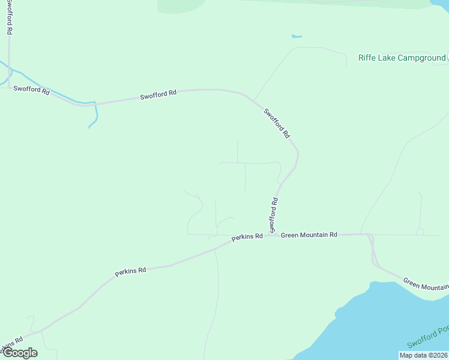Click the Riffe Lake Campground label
click(402, 58)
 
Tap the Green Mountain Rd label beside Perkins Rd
click(309, 235)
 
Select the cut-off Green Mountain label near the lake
click(426, 284)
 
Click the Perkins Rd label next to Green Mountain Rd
click(247, 236)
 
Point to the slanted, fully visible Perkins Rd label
click(130, 271)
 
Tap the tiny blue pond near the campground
click(296, 37)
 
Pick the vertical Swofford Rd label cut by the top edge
click(10, 17)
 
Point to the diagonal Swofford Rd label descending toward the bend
click(277, 123)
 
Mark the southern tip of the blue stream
click(89, 127)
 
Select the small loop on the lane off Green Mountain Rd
click(420, 232)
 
